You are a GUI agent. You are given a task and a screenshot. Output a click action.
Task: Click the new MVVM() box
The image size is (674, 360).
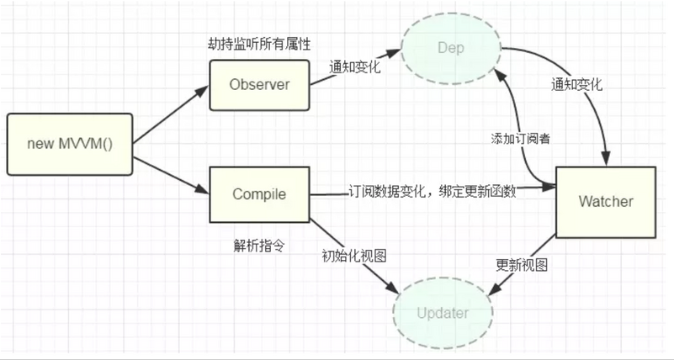point(70,144)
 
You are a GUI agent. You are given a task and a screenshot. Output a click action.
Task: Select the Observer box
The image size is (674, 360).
point(259,85)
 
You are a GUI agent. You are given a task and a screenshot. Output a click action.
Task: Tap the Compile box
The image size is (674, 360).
point(259,194)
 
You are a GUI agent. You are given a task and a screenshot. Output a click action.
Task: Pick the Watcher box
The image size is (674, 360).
point(606,202)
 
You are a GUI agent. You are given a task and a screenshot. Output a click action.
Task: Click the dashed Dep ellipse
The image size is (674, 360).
point(451,48)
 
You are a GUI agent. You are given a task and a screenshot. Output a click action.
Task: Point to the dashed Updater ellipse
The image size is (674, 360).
point(443,313)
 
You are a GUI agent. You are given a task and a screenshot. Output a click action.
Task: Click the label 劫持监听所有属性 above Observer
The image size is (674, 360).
point(259,44)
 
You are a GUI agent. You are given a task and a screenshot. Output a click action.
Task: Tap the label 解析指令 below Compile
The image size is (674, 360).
point(259,246)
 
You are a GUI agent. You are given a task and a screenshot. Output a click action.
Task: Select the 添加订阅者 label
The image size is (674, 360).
point(521,138)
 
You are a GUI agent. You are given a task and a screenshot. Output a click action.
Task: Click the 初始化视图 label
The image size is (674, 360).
point(354,256)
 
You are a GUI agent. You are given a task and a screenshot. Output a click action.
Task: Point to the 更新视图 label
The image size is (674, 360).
point(522,265)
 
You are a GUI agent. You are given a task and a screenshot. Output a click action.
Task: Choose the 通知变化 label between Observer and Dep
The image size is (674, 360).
point(354,67)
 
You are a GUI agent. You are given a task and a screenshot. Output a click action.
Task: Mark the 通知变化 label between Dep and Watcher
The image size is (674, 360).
point(576,84)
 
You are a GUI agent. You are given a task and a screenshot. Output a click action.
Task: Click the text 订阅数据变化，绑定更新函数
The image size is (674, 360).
point(432,191)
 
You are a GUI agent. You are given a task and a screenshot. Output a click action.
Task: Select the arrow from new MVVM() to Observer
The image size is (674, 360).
point(171,114)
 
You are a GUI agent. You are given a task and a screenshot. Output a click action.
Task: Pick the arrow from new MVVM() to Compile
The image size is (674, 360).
point(171,176)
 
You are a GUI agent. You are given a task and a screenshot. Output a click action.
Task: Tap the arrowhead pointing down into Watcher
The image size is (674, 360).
point(606,158)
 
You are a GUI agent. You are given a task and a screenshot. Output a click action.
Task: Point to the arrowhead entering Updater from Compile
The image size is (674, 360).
point(392,288)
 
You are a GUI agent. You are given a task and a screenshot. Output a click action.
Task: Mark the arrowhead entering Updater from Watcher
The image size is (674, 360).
point(495,289)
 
